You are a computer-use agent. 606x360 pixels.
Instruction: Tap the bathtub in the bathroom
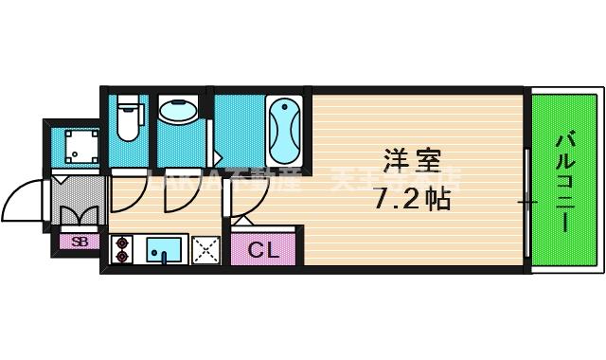tap(283, 130)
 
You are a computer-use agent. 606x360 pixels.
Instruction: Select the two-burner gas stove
tap(122, 249)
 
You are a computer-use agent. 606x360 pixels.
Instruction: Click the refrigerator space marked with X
tap(205, 249)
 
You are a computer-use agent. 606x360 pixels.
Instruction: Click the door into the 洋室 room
tap(248, 194)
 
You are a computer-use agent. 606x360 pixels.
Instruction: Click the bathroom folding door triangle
tap(217, 157)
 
